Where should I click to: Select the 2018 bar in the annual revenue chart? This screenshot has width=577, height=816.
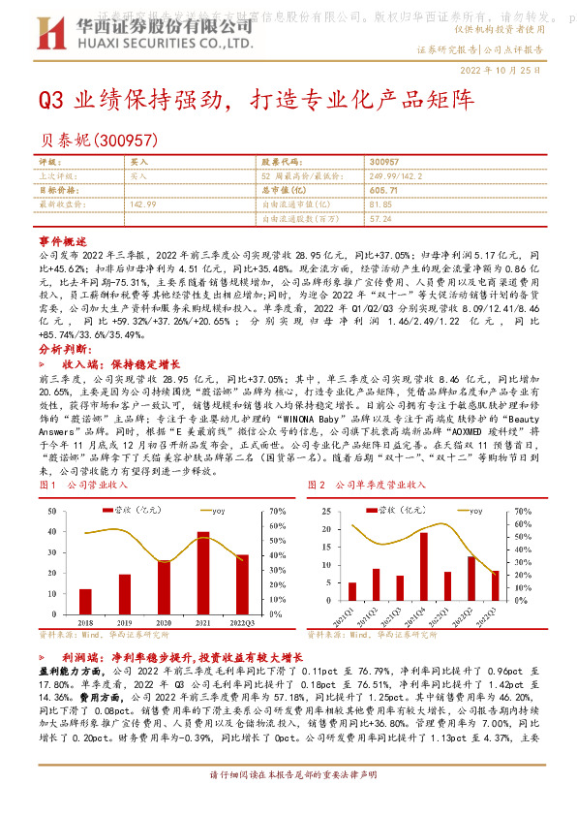pyautogui.click(x=85, y=594)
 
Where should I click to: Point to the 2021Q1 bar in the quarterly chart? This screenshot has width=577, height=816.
pyautogui.click(x=352, y=591)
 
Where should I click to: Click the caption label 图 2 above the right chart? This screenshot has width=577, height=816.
pyautogui.click(x=317, y=485)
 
